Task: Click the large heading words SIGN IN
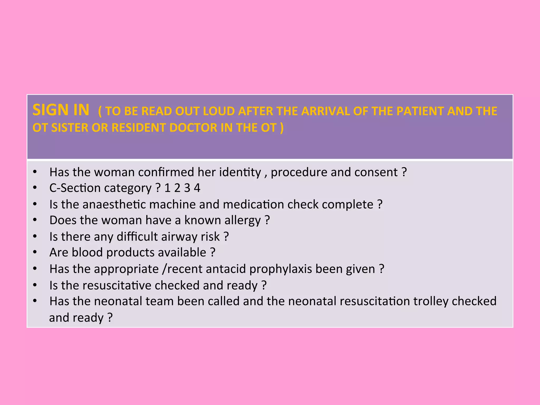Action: pos(61,110)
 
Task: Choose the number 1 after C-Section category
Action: pos(167,188)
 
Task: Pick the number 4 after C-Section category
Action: pos(197,188)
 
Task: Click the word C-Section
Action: pos(75,188)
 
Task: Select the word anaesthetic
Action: pos(114,205)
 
